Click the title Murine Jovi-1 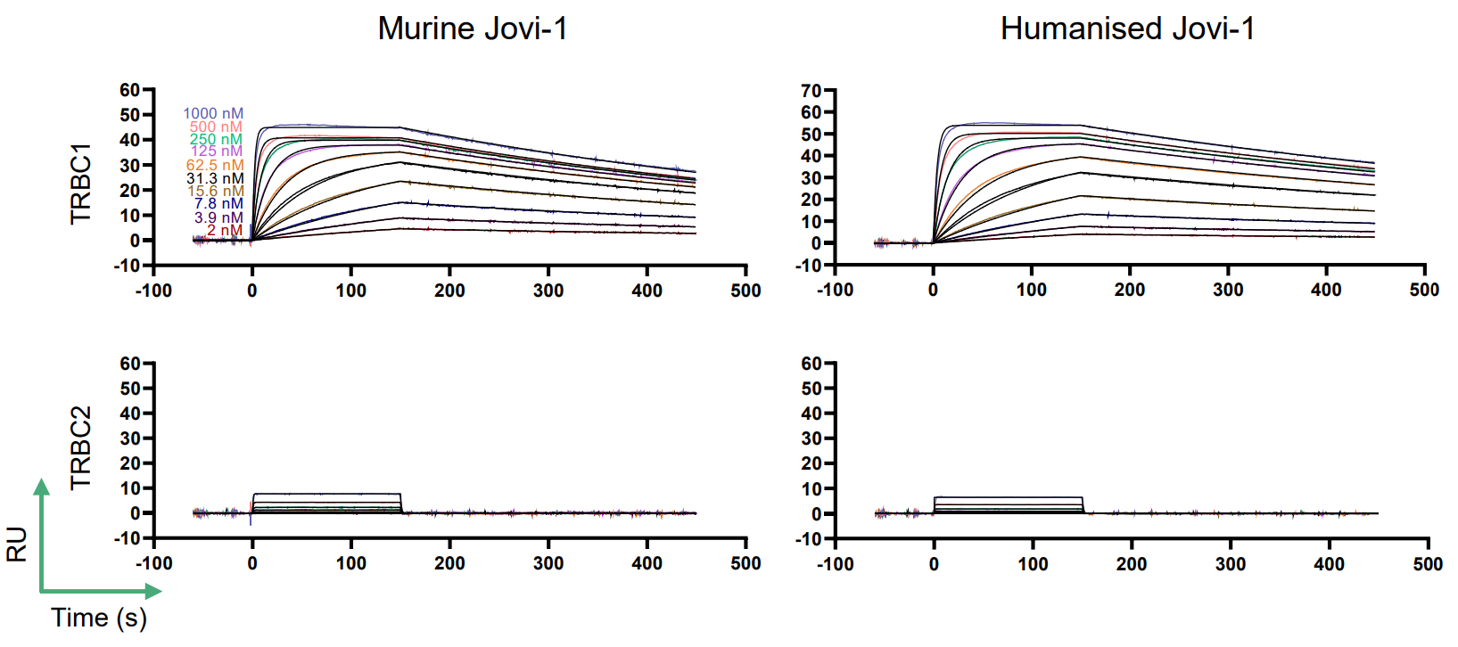[472, 29]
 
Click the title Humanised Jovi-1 [1127, 29]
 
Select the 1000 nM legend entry [213, 113]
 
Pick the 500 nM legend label [216, 127]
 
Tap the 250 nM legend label [216, 139]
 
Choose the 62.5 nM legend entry [215, 165]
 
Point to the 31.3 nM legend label [215, 178]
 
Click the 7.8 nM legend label [218, 204]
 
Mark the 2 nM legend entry [225, 230]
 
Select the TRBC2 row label [81, 448]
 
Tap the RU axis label [17, 544]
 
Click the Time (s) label [99, 618]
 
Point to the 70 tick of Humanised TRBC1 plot [811, 91]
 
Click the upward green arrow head [41, 487]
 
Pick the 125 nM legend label [217, 152]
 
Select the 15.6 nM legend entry [215, 191]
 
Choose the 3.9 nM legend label [218, 217]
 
